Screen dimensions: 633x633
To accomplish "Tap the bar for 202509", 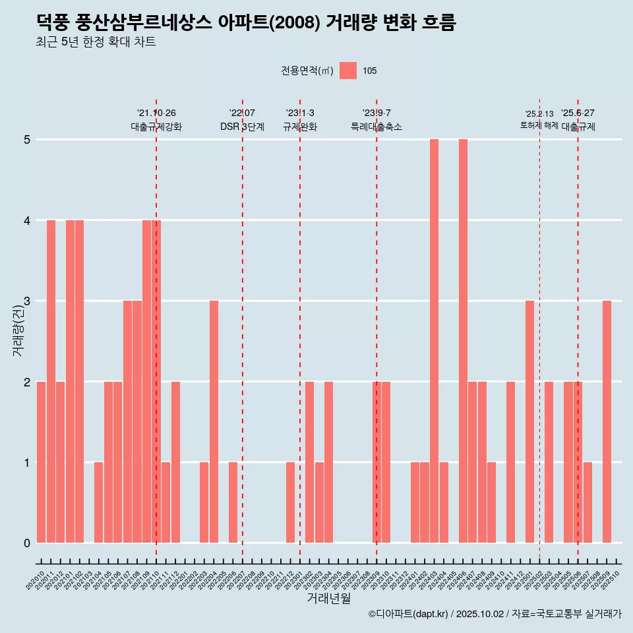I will [607, 422].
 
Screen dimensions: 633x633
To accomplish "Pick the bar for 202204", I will [214, 422].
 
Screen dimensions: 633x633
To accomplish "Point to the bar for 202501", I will [529, 422].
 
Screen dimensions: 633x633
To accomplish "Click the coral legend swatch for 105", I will [348, 71].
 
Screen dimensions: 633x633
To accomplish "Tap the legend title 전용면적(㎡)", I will [307, 71].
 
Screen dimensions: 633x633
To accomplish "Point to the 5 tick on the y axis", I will [27, 140].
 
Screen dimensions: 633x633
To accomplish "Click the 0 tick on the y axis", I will [27, 543].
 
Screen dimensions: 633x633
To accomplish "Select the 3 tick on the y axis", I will [27, 301].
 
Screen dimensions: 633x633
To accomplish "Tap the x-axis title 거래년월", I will [328, 598].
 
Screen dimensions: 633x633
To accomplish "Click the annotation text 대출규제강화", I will [156, 127].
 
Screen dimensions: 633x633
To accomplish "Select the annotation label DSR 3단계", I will [242, 127].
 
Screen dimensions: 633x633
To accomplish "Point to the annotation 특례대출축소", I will [377, 127].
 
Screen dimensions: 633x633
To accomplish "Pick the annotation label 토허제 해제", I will [539, 125].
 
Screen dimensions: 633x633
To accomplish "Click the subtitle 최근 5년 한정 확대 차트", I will [96, 42].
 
